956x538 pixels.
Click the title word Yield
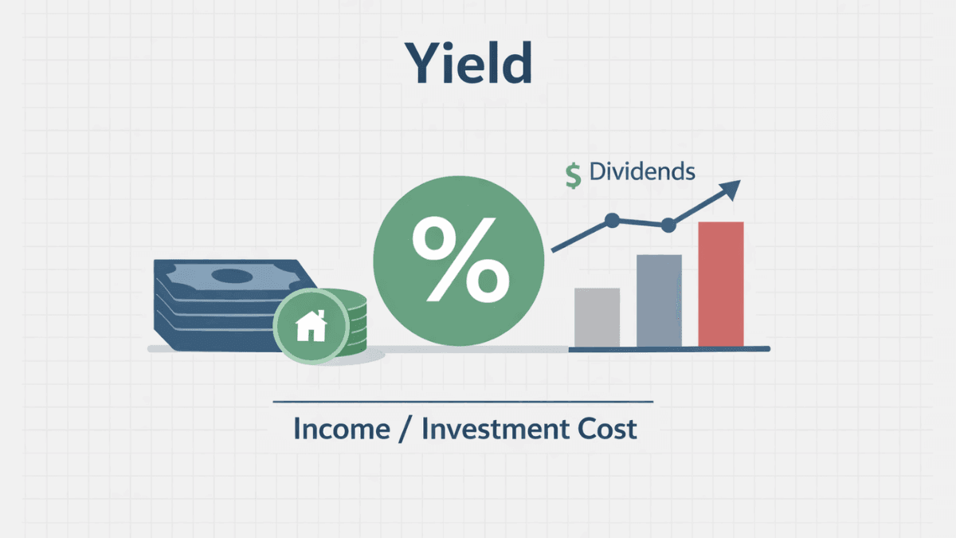pos(468,63)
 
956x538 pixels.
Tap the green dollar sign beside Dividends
pos(573,175)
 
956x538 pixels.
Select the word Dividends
pos(642,171)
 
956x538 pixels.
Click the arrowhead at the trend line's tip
pos(731,189)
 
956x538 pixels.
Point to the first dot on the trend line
pos(612,220)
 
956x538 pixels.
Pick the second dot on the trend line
pos(668,225)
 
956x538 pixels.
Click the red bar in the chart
pos(721,284)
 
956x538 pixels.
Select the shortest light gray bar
pos(597,318)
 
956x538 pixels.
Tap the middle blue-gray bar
pos(659,300)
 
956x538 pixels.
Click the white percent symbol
pos(460,259)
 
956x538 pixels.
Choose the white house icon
pos(311,326)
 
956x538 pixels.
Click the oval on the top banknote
pos(232,276)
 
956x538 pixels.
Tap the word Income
pos(342,429)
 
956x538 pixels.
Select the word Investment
pos(495,429)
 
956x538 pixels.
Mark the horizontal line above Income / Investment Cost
pos(463,402)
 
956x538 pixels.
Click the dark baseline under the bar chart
pos(669,349)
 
